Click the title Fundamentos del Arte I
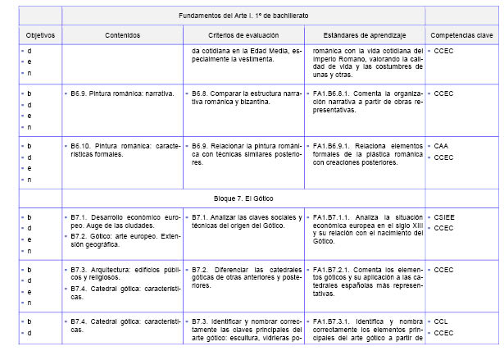(242, 16)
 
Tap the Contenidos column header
(122, 36)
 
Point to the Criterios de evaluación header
(242, 36)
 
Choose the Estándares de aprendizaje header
(364, 36)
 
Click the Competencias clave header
(462, 36)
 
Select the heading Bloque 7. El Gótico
(243, 198)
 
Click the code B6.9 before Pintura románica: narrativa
(80, 93)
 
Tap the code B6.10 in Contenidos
(82, 145)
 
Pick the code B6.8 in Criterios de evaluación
(202, 93)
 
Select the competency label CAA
(442, 145)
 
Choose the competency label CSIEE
(445, 218)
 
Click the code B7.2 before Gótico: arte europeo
(80, 235)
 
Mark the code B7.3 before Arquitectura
(80, 269)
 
